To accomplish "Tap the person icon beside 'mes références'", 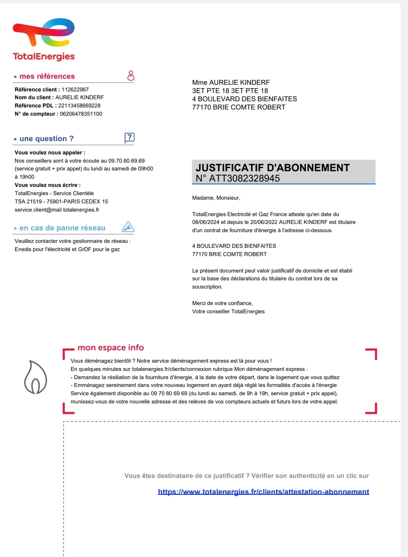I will (x=131, y=76).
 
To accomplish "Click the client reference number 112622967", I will (x=75, y=90).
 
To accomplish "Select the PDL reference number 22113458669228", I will (x=79, y=106).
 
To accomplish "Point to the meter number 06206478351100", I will (x=81, y=114).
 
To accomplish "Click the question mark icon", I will (x=129, y=138).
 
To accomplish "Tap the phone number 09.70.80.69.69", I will (x=126, y=161).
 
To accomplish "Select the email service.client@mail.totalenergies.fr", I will (x=57, y=210).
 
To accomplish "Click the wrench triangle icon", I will (x=128, y=227).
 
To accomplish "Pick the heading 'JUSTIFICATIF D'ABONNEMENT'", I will (x=273, y=168).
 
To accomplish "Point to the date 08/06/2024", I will (x=206, y=222).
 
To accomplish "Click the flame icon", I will (x=35, y=378).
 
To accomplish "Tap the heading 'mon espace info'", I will (x=111, y=348).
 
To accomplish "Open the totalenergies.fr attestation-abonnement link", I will (x=263, y=492).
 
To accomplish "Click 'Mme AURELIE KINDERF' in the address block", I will (x=231, y=83).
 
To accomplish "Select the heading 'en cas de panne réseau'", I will (x=63, y=228).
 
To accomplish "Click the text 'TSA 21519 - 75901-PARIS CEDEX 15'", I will (x=61, y=202).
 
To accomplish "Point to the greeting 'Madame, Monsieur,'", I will (x=216, y=198).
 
